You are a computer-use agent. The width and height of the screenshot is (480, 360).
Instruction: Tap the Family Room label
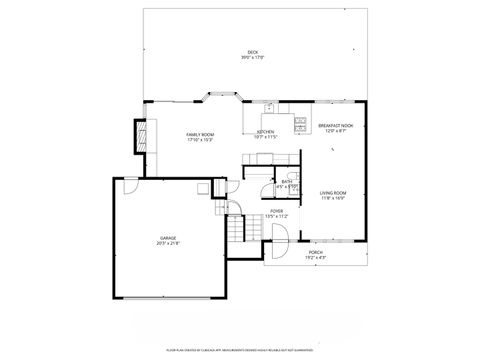coord(200,134)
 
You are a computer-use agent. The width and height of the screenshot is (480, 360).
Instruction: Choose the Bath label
coord(286,181)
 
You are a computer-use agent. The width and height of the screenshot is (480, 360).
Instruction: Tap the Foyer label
coord(277,211)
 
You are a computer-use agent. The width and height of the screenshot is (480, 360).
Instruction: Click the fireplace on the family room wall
coord(142,134)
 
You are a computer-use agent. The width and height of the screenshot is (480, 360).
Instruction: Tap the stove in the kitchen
coord(300,125)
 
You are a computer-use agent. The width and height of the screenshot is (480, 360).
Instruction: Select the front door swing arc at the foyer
coord(283,235)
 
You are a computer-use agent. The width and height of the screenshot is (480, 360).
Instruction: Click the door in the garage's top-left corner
coord(130,186)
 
